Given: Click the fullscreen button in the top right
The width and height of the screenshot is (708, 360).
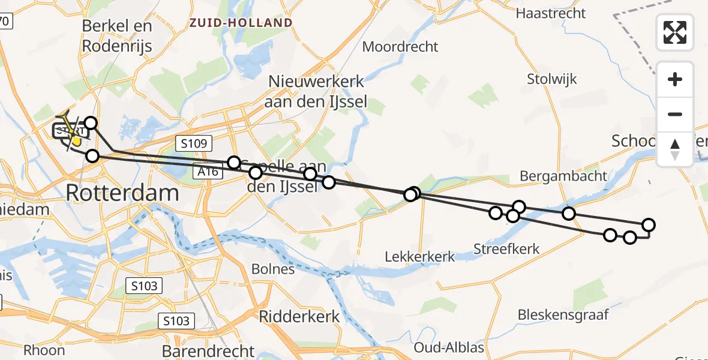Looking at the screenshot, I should tap(675, 32).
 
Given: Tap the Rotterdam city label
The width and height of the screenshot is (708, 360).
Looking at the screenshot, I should tap(122, 193).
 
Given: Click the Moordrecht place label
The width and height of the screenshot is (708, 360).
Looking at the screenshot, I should tap(400, 47).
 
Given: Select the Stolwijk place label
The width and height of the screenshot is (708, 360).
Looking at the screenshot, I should tap(551, 79).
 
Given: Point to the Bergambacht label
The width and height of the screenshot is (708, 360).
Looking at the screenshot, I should tap(563, 176).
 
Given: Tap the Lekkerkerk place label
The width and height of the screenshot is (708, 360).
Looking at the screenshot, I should tap(420, 257).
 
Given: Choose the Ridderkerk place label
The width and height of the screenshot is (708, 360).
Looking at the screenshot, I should tap(299, 316).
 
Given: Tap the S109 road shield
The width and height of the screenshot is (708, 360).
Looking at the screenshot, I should tap(191, 143).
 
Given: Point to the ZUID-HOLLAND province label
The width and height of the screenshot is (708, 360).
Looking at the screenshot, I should tap(241, 23).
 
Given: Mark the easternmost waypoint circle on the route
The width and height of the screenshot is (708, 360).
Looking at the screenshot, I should tap(649, 225).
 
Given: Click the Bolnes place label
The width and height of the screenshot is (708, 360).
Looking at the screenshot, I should tap(274, 269).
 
